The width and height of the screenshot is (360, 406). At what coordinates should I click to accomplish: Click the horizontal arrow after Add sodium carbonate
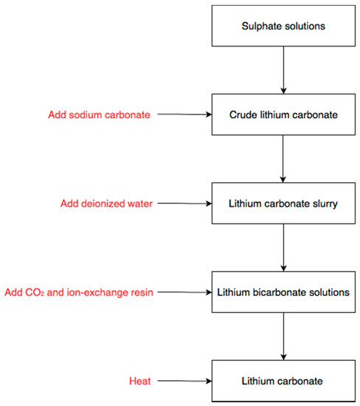tap(184, 114)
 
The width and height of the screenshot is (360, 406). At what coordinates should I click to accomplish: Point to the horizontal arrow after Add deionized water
tap(184, 203)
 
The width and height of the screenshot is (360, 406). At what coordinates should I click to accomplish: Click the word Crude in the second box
tap(244, 114)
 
